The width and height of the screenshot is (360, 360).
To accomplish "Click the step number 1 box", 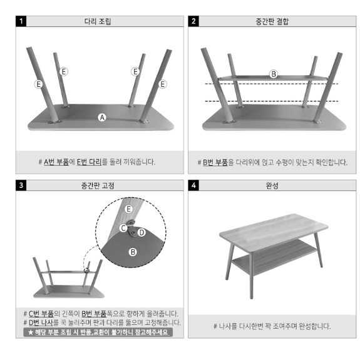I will click(x=22, y=21).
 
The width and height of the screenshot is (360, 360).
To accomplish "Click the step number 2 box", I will click(x=193, y=21).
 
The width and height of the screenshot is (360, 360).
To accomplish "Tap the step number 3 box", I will click(x=22, y=185).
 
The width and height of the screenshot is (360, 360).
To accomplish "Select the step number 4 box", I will click(x=193, y=185).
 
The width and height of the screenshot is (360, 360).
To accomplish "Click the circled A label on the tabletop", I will click(x=103, y=117).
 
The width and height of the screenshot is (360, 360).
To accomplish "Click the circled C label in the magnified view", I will click(x=124, y=228).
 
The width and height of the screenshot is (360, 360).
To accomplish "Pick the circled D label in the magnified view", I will click(x=141, y=233).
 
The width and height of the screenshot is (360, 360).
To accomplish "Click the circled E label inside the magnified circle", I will click(x=128, y=208).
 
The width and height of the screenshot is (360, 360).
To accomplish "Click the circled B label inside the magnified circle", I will click(x=132, y=252).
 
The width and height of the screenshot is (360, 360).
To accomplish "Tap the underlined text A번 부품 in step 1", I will click(x=56, y=162).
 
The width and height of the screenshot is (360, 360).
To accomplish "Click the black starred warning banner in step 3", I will click(x=98, y=332).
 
